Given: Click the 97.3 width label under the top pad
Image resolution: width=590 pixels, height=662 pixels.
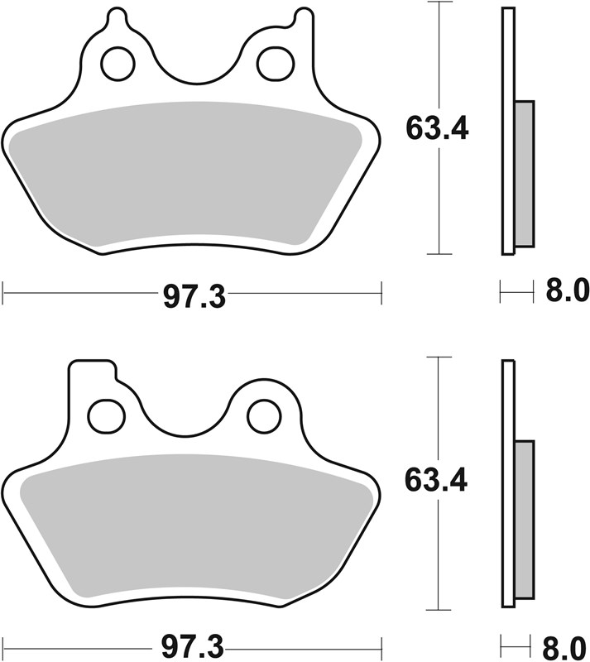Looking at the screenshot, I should coord(193,296).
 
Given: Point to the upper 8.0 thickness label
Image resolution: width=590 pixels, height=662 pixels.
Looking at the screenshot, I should coord(566,291).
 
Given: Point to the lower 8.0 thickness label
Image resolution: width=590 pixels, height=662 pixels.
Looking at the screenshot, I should coord(566,644).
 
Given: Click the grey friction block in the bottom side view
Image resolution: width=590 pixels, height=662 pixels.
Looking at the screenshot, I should coord(525,521).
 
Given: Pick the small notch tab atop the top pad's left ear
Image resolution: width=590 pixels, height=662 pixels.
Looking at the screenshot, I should coord(117,17).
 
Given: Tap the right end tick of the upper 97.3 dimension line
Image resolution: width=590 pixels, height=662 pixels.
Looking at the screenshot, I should coord(381,291).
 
